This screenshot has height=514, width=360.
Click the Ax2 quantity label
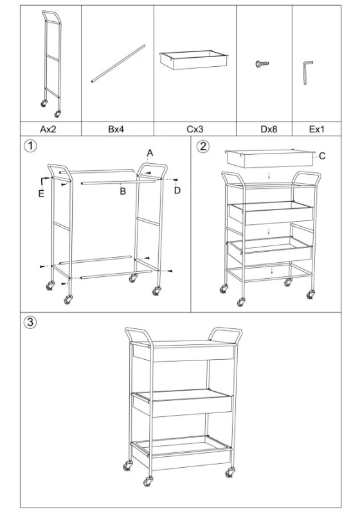(x=48, y=129)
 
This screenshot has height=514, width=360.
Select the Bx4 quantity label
(x=116, y=129)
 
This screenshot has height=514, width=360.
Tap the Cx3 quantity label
(x=195, y=129)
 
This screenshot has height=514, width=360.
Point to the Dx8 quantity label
(x=269, y=129)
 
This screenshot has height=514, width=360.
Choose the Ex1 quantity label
(x=317, y=129)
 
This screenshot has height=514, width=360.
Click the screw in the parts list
(x=262, y=64)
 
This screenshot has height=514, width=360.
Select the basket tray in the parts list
(x=194, y=59)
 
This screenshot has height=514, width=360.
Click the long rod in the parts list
(x=118, y=64)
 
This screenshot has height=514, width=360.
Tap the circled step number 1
(x=30, y=146)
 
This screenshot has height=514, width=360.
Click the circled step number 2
(x=203, y=146)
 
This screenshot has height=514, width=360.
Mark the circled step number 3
(x=30, y=322)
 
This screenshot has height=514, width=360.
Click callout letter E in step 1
(x=41, y=194)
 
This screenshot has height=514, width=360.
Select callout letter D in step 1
(x=177, y=190)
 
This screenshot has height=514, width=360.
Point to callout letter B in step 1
(x=123, y=191)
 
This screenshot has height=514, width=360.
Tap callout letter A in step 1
(x=150, y=153)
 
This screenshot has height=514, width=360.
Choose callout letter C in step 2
(x=322, y=156)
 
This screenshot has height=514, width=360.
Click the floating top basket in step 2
(x=269, y=159)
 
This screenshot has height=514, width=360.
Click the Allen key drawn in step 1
(x=44, y=181)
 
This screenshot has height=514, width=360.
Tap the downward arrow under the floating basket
(x=269, y=176)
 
